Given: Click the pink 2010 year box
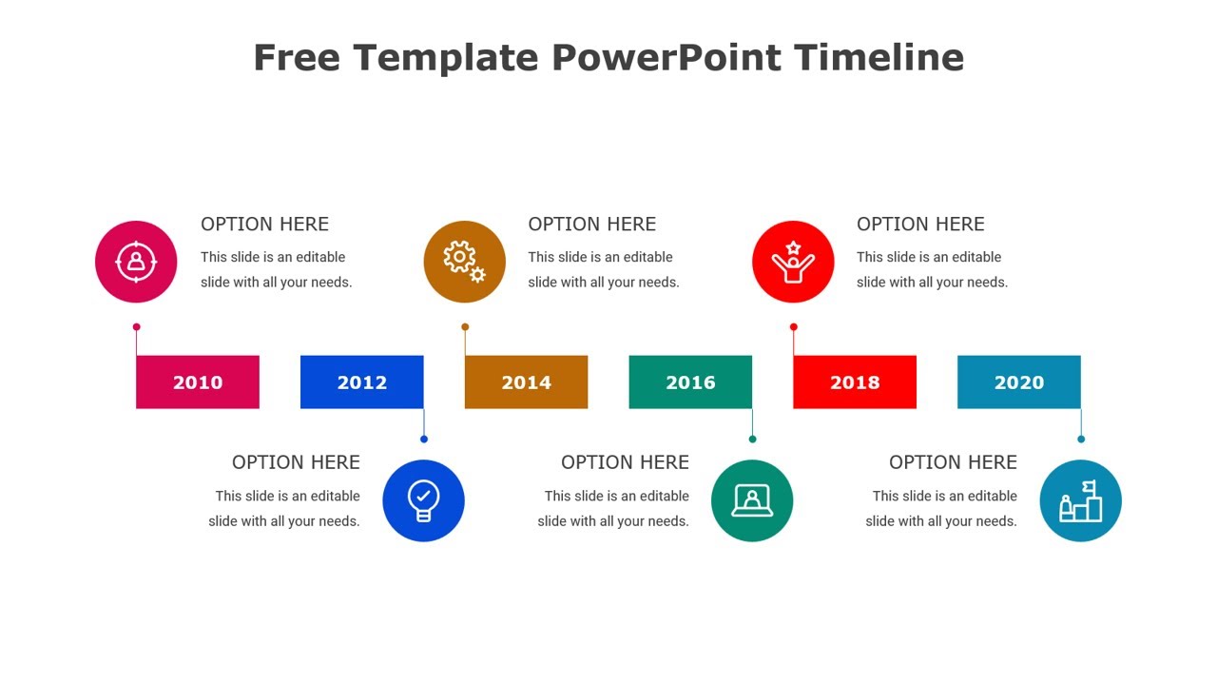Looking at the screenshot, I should [x=198, y=382].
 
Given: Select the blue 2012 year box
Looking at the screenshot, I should [x=361, y=382].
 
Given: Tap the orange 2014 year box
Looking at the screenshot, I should [x=526, y=382].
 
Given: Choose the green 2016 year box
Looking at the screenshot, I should [x=690, y=382].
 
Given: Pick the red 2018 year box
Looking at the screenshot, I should [x=855, y=382].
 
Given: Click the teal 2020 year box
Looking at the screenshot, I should [x=1018, y=382].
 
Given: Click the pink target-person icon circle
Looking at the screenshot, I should [x=136, y=262].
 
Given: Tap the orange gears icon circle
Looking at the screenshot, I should [x=464, y=262].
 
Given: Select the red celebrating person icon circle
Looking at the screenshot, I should [x=793, y=262].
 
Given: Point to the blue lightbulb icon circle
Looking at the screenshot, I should [x=423, y=500].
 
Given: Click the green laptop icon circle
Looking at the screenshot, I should [x=752, y=500].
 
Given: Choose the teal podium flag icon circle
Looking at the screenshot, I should [x=1080, y=500].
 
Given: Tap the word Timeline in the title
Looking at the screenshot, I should [x=879, y=57].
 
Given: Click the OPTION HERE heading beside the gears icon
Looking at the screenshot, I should [x=591, y=225].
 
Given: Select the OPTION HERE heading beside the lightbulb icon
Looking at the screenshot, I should [x=296, y=462].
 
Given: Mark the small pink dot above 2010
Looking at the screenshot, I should [x=137, y=327].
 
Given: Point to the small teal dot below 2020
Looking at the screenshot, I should [x=1081, y=439].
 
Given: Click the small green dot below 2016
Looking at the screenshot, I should [x=752, y=439].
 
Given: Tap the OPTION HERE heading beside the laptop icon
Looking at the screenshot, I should [x=625, y=462].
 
